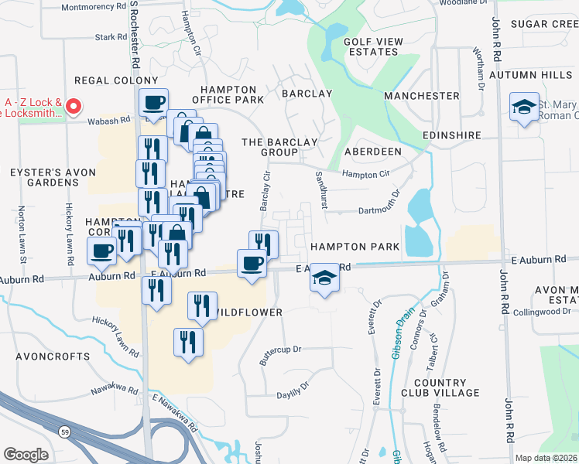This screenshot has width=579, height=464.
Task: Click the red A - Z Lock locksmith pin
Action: [74, 107]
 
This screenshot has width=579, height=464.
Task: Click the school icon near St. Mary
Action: [524, 108]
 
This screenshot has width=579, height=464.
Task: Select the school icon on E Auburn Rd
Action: [324, 278]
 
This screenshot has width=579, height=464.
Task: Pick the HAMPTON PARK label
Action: [355, 247]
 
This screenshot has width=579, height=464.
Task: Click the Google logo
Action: [26, 454]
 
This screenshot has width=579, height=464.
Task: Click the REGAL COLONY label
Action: [116, 80]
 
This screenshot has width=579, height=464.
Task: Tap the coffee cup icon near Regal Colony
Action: [153, 103]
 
